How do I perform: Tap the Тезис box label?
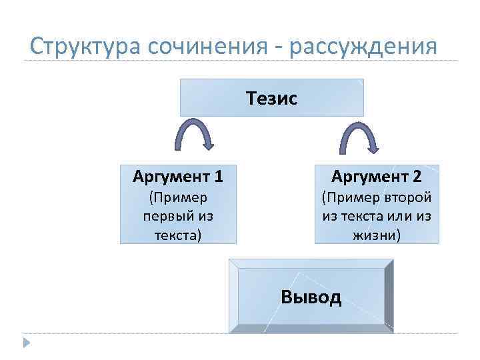point(271,99)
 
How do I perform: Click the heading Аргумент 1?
point(178,177)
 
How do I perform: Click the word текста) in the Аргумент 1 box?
point(178,235)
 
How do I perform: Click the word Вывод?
point(311,296)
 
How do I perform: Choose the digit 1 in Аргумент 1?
point(219,177)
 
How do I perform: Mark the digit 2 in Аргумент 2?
point(417,177)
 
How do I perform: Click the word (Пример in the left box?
point(178,197)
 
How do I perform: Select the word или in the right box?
point(395,216)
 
